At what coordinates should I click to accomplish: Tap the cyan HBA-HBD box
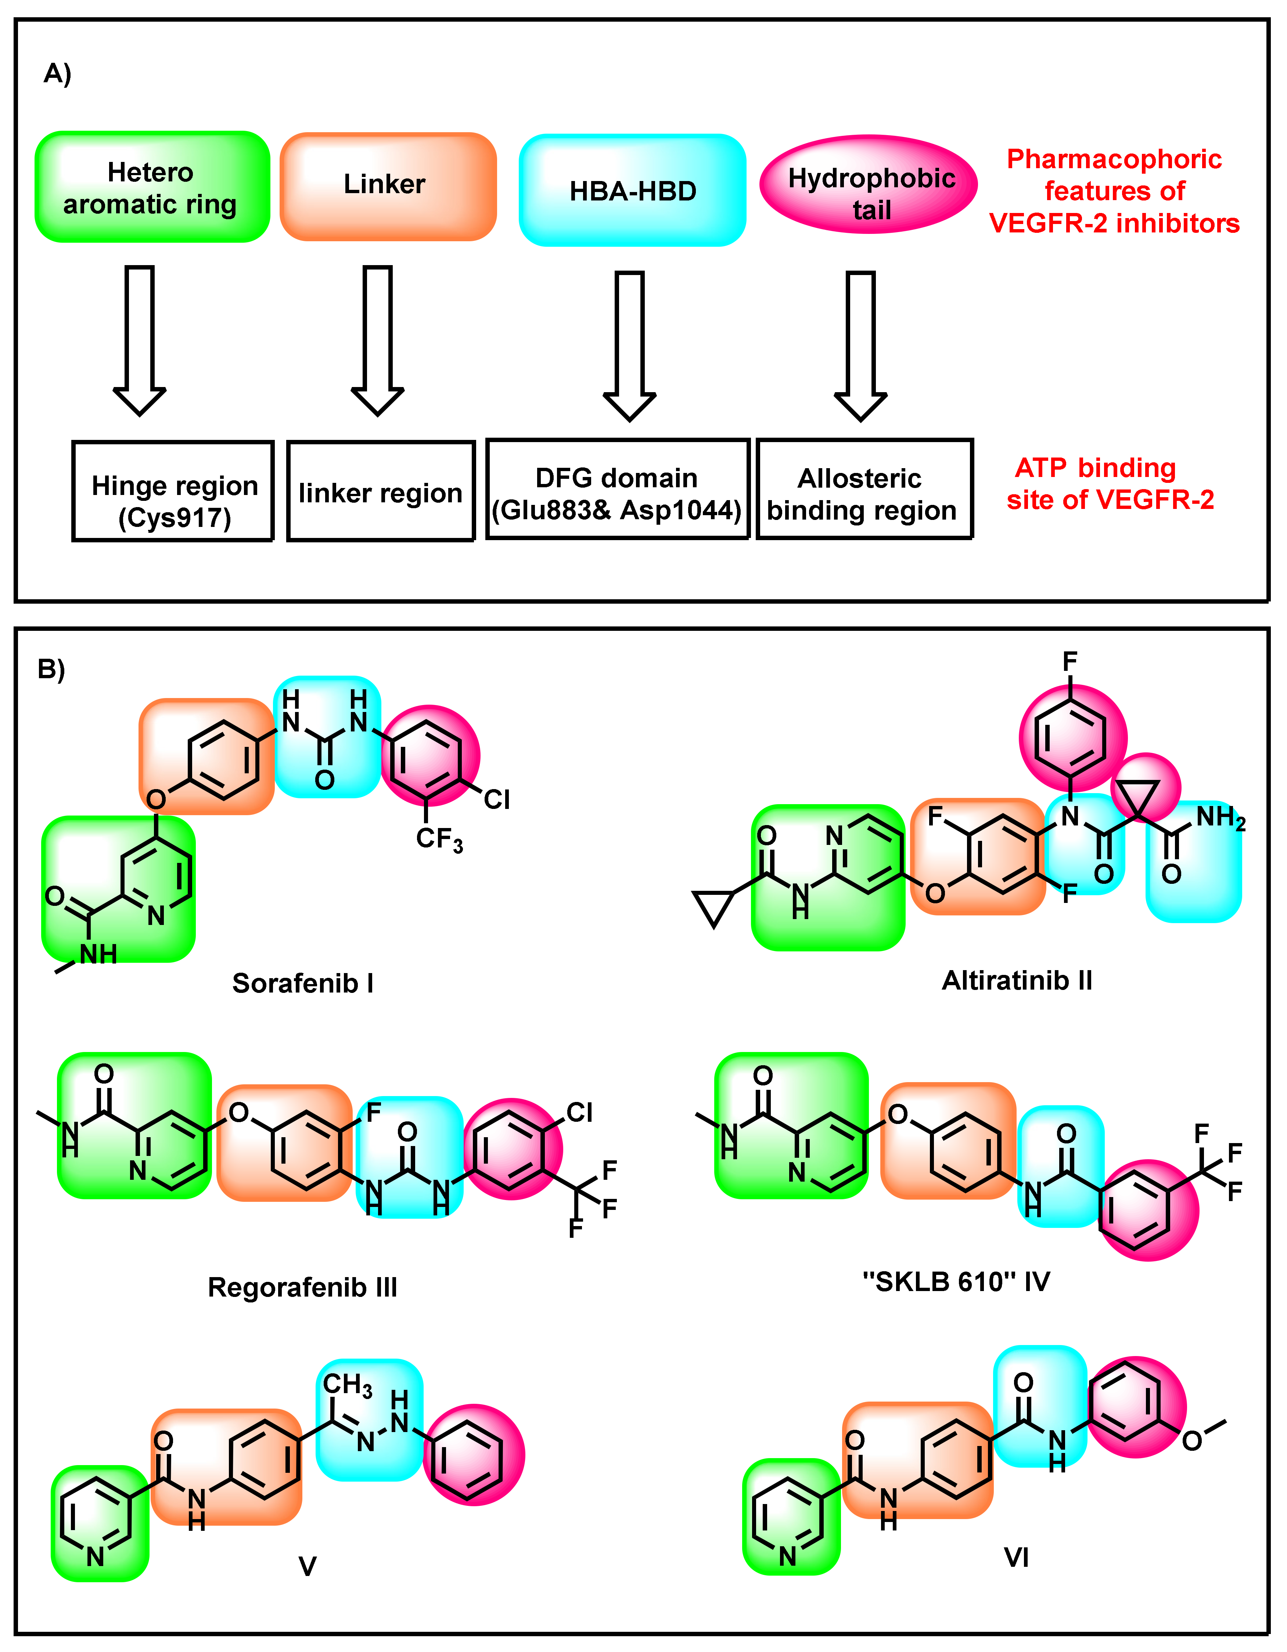coord(633,191)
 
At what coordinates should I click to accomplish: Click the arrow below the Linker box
coord(378,340)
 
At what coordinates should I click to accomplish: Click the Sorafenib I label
coord(303,983)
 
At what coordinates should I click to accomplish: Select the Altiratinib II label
coord(1017,980)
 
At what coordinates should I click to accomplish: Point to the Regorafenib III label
coord(303,1287)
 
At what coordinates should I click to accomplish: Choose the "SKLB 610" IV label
coord(956,1282)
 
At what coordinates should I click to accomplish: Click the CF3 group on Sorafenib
coord(439,840)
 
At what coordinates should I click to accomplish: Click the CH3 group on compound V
coord(347,1385)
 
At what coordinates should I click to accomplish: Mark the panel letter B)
coord(51,669)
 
